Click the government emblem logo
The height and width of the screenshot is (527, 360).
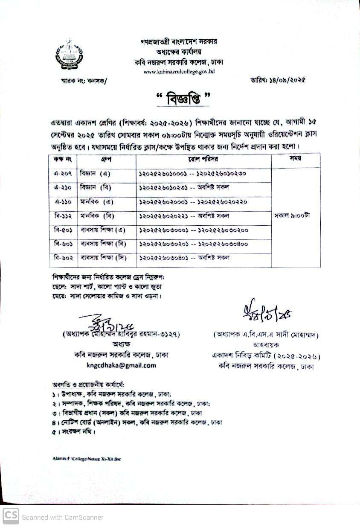pyautogui.click(x=69, y=54)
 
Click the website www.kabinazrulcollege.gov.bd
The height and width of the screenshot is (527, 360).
pyautogui.click(x=179, y=71)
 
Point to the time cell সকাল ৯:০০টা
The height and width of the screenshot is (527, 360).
pyautogui.click(x=292, y=215)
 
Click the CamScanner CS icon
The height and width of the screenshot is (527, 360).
pyautogui.click(x=11, y=516)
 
